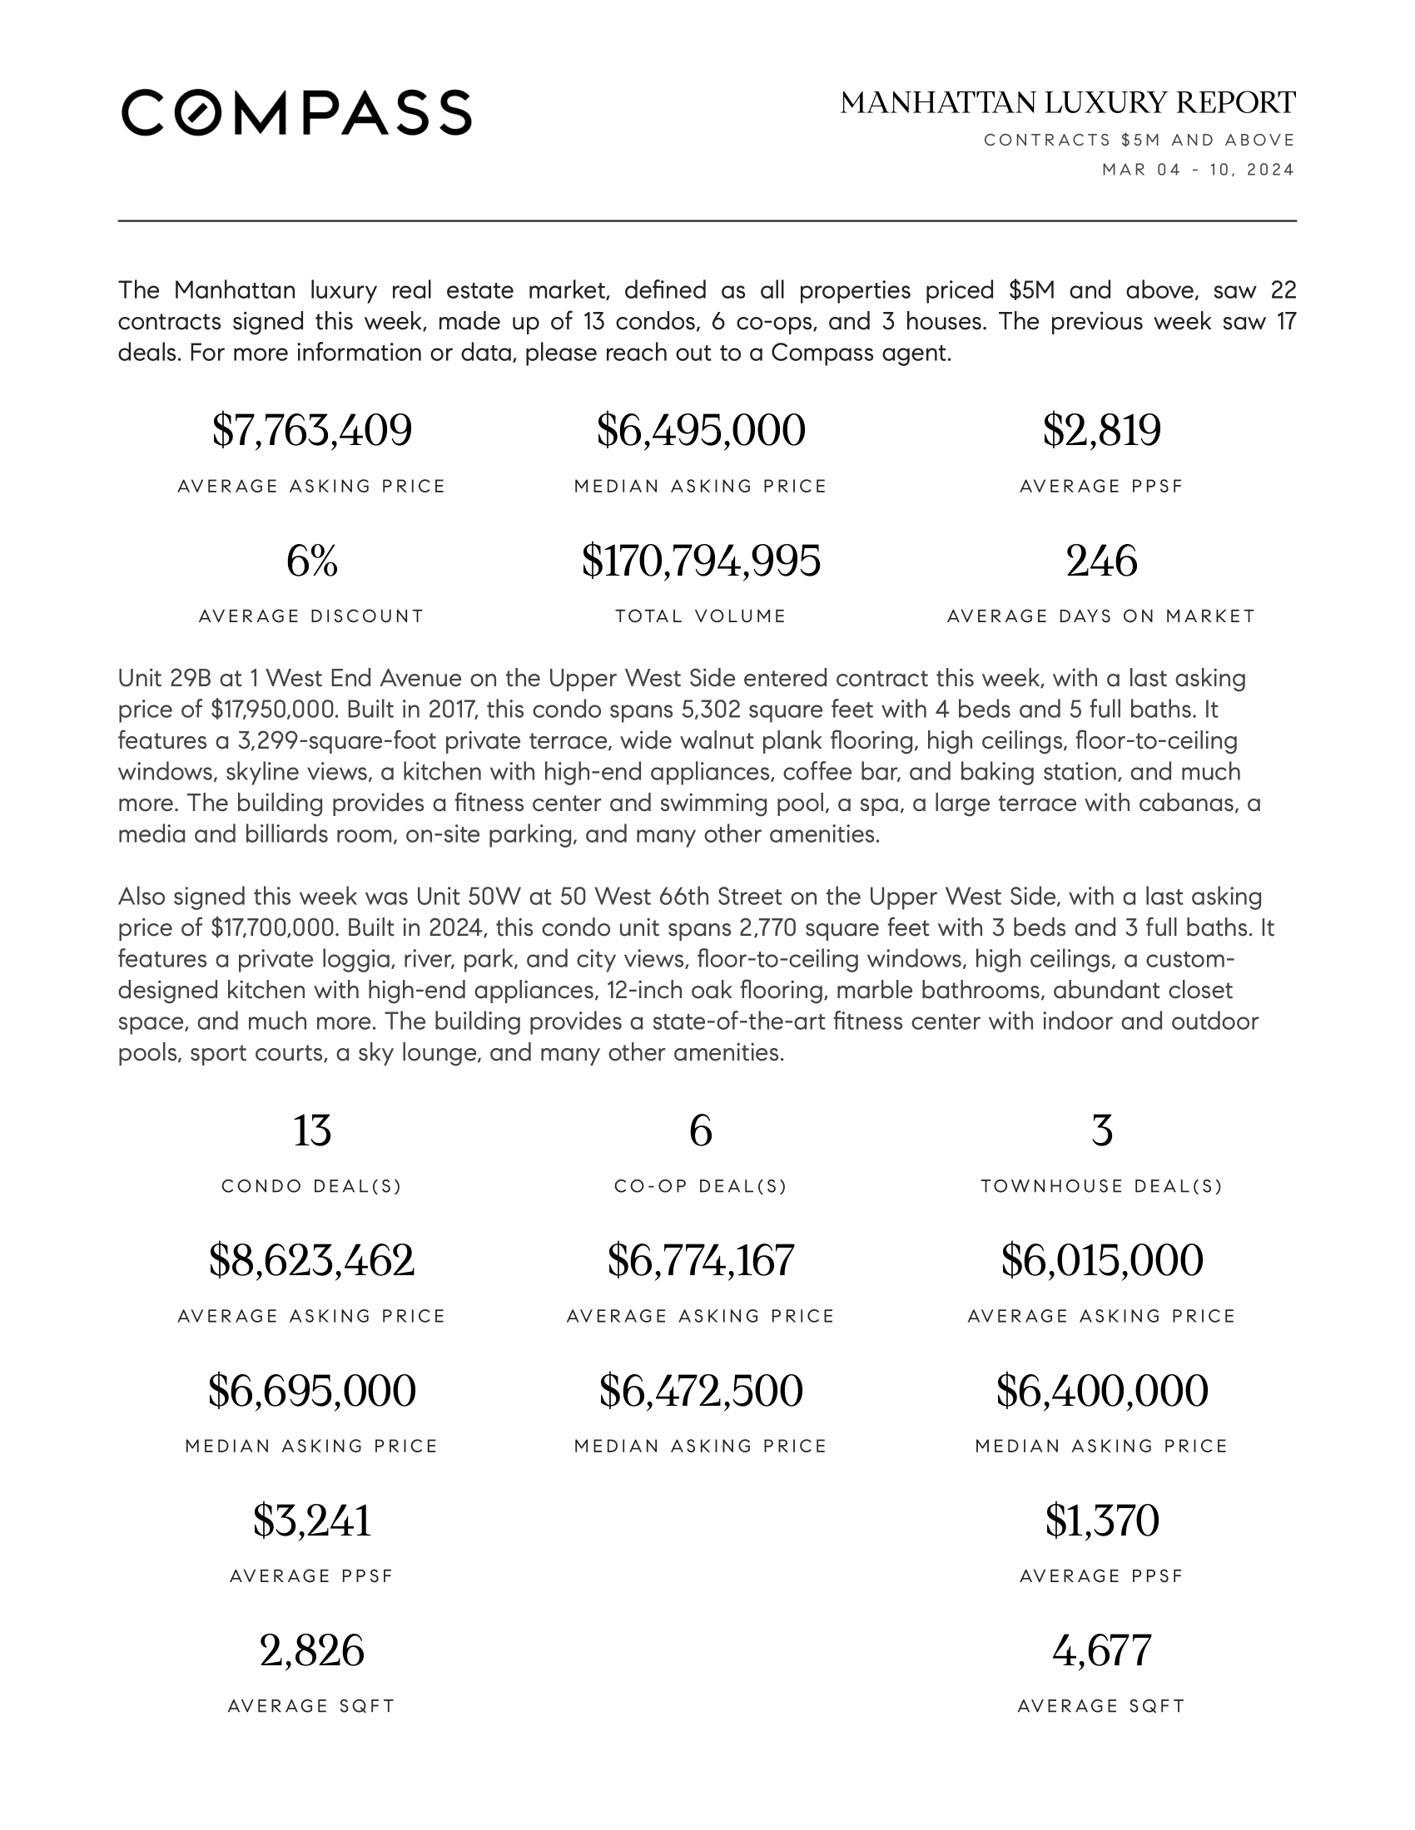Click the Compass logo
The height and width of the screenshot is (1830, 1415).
click(x=296, y=112)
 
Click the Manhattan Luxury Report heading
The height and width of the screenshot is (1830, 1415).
click(x=1067, y=103)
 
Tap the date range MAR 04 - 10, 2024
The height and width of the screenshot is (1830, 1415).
click(x=1198, y=170)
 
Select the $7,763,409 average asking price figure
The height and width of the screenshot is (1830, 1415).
click(x=312, y=431)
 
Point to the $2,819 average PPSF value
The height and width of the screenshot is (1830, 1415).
click(x=1101, y=431)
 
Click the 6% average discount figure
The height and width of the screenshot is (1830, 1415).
click(x=312, y=561)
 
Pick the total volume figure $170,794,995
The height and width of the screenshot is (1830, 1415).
click(x=701, y=561)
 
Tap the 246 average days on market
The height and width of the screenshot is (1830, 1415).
click(x=1101, y=561)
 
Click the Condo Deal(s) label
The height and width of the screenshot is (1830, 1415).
click(x=312, y=1185)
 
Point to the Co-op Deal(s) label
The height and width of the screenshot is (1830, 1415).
click(x=701, y=1185)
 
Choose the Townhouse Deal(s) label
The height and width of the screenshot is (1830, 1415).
click(x=1101, y=1185)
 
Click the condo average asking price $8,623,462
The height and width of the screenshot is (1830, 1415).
click(x=312, y=1260)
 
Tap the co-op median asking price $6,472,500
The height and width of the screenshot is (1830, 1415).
click(x=701, y=1391)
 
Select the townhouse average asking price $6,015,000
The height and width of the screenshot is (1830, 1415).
click(x=1101, y=1260)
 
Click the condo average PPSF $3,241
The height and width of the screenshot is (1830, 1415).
click(x=312, y=1521)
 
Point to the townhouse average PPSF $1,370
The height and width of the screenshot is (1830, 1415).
click(x=1101, y=1521)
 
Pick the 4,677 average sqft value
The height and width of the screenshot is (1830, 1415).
click(x=1101, y=1650)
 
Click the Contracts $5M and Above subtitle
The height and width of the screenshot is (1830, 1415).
click(x=1139, y=140)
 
